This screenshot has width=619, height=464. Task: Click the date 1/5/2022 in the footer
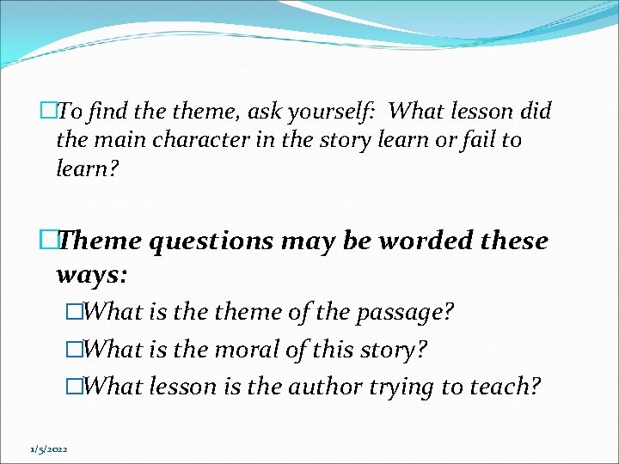coord(49,449)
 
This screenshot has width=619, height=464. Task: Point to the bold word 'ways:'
coord(91,275)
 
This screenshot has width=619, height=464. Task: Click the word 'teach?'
coord(505,388)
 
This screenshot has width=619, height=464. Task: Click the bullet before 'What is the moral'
coord(73,350)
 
